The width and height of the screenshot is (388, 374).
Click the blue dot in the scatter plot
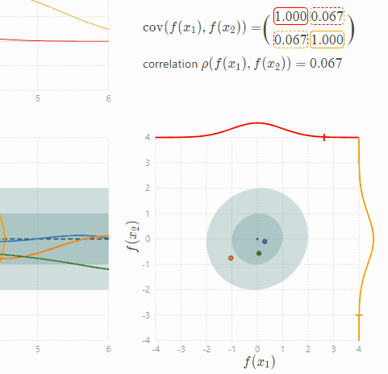click(265, 242)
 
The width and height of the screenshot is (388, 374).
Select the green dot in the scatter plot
click(259, 253)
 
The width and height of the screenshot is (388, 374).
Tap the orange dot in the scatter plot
click(232, 258)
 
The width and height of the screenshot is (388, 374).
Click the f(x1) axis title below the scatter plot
click(258, 363)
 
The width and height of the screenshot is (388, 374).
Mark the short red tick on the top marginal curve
click(324, 138)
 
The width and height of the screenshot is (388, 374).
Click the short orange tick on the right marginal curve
click(359, 315)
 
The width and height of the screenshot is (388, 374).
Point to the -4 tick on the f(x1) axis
click(155, 350)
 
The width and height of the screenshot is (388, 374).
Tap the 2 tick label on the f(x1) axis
click(308, 350)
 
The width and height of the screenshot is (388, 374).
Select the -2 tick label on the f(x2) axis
click(145, 289)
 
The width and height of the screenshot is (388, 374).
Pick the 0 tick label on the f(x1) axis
click(257, 350)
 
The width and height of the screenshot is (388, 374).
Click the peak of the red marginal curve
click(257, 123)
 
